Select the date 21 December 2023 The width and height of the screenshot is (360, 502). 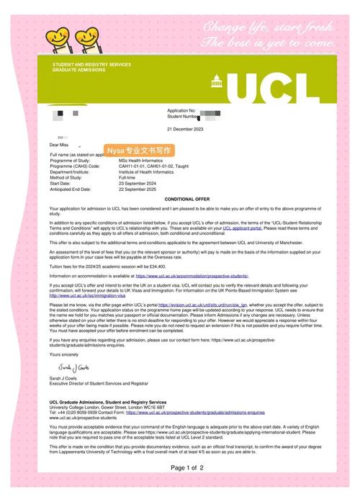click(x=186, y=128)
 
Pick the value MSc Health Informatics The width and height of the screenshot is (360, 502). click(x=143, y=161)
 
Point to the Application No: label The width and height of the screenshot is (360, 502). click(x=181, y=110)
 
